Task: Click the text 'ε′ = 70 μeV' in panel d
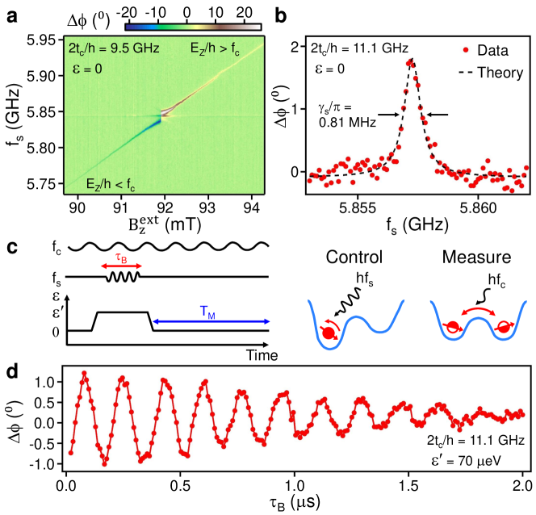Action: [479, 463]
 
